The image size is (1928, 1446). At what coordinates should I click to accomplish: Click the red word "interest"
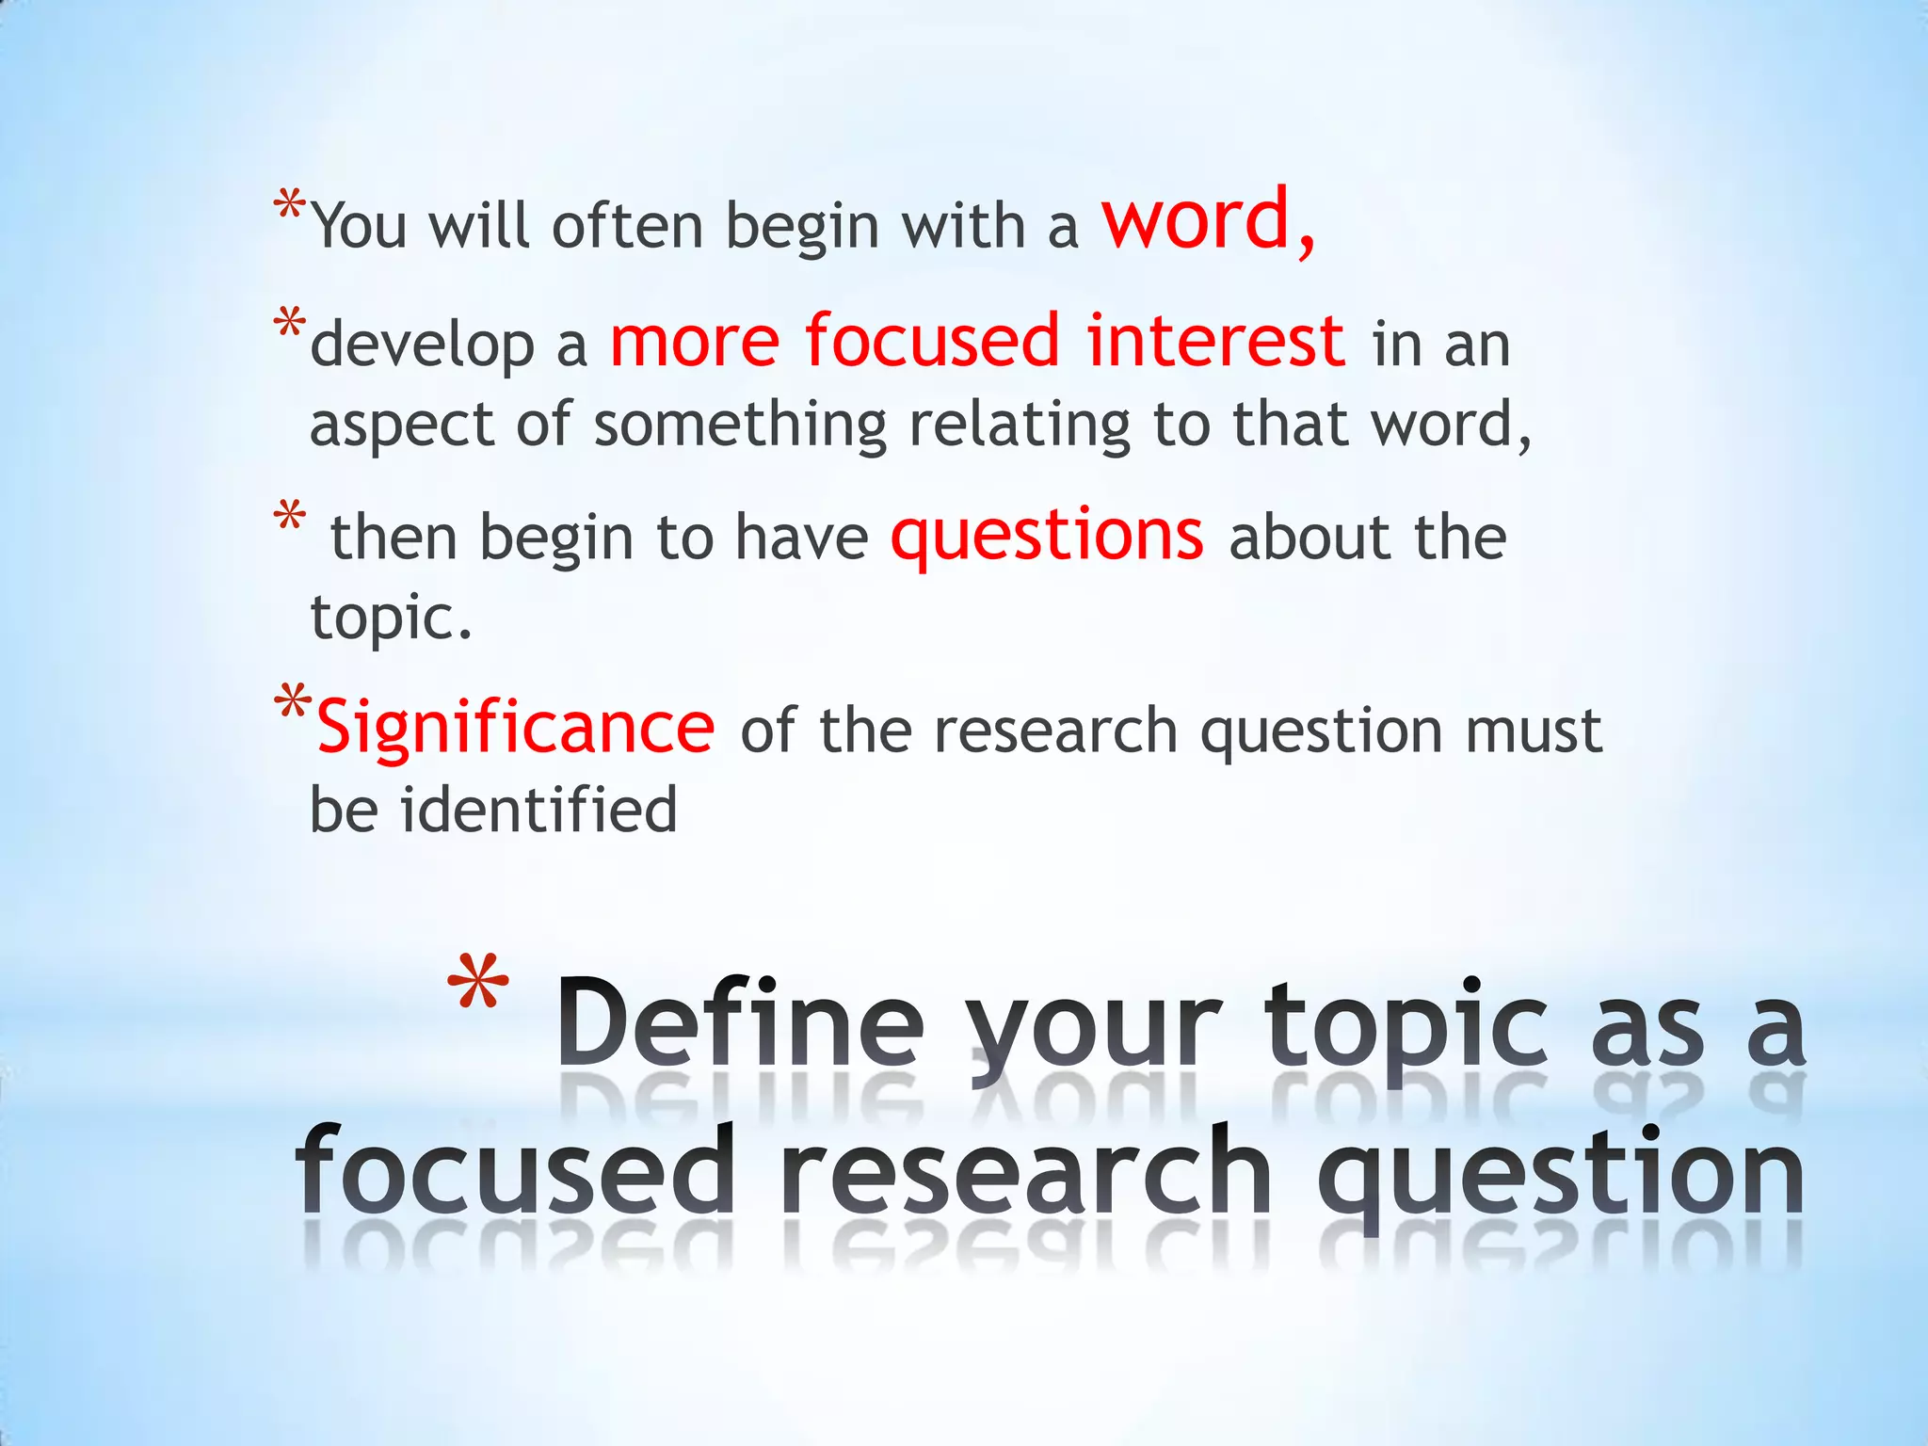pos(1215,340)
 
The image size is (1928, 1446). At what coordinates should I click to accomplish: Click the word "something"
pos(740,426)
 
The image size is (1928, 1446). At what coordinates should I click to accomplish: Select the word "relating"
pos(1019,426)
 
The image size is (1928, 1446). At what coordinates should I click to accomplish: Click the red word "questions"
pos(1047,536)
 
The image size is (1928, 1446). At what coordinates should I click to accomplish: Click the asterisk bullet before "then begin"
pos(289,518)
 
